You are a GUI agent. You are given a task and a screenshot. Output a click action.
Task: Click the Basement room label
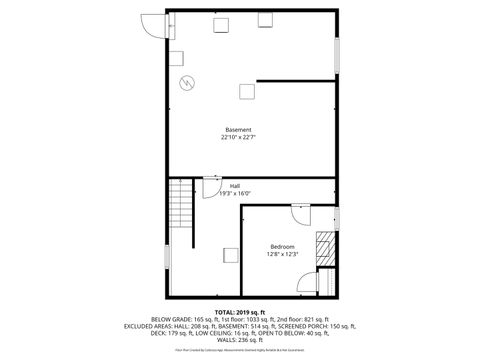[238, 130]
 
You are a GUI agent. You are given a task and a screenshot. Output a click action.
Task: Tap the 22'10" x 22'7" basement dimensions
[238, 138]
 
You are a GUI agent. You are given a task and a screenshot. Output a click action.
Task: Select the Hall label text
[235, 186]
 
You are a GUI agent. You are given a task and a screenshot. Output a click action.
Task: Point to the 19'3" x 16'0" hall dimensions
[235, 194]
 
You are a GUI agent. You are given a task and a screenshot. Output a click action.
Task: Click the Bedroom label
[282, 246]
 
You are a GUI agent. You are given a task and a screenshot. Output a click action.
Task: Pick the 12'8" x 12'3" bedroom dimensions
[282, 254]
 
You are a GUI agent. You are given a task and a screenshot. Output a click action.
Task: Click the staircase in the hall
[180, 204]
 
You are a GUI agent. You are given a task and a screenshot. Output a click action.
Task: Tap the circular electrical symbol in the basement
[185, 82]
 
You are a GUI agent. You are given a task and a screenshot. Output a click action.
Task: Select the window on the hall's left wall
[166, 256]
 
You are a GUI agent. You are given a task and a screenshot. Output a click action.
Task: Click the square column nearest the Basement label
[244, 92]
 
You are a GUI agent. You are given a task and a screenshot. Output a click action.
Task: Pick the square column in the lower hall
[230, 255]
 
